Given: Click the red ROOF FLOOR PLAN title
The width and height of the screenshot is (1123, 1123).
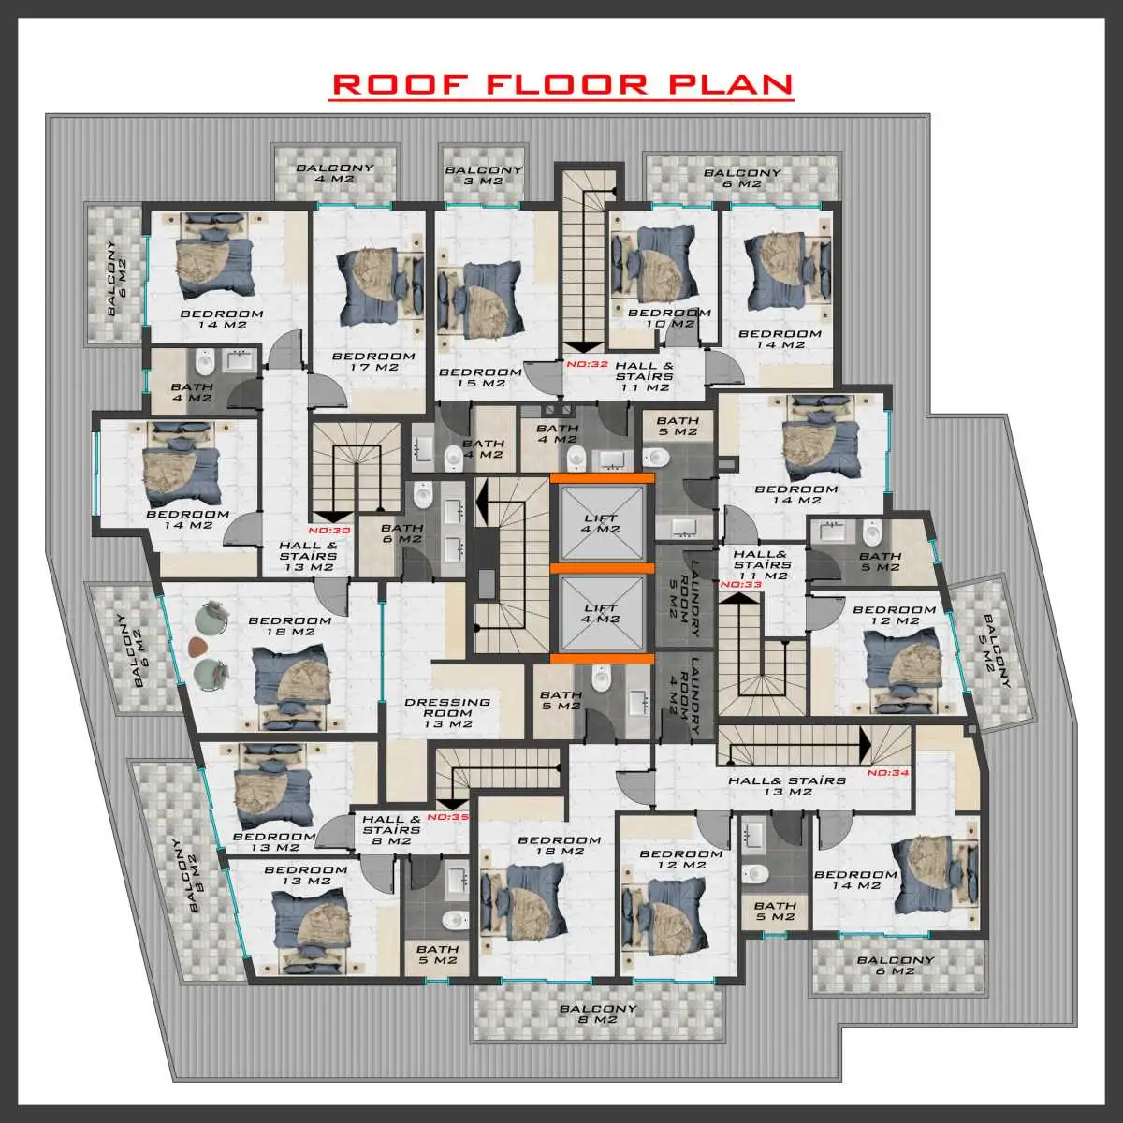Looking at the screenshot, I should [562, 84].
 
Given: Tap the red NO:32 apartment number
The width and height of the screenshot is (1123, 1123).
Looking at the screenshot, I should [587, 365].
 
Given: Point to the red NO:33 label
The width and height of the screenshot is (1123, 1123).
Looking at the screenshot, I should [741, 585].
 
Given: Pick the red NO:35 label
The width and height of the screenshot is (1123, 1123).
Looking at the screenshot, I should [447, 816].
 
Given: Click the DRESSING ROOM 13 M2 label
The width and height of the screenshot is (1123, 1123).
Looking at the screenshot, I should [447, 712].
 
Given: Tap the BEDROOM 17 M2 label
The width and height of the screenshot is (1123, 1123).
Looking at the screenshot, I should [373, 361].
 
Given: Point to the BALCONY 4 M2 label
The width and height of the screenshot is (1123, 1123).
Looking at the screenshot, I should [335, 173].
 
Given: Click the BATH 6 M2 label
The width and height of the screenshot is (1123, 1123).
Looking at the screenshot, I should [401, 533].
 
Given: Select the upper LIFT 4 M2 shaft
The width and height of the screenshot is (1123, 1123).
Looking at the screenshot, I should [602, 523].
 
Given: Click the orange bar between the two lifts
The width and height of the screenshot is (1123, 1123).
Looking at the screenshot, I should [602, 567].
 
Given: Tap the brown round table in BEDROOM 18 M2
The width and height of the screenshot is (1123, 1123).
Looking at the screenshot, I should [197, 646].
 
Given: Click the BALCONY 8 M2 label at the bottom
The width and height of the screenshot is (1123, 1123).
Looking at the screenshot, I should [598, 1014].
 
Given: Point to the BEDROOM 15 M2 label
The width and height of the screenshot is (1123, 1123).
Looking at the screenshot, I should [480, 377].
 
